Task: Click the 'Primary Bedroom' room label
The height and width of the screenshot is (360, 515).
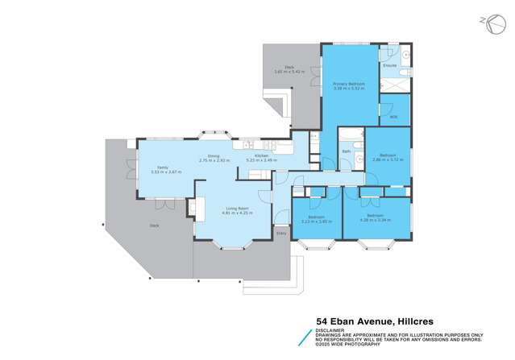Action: pyautogui.click(x=349, y=84)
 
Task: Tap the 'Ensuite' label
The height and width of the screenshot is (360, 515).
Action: pyautogui.click(x=389, y=64)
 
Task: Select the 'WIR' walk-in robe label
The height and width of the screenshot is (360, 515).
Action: pyautogui.click(x=393, y=117)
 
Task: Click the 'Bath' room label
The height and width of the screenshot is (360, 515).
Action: pyautogui.click(x=346, y=151)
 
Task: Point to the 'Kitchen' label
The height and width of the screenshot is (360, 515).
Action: pyautogui.click(x=262, y=155)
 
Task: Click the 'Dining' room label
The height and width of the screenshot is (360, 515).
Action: pyautogui.click(x=214, y=155)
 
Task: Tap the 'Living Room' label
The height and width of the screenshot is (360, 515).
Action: pyautogui.click(x=235, y=209)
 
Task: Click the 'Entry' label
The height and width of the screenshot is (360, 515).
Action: pyautogui.click(x=281, y=233)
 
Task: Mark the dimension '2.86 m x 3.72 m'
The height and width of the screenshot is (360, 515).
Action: pyautogui.click(x=388, y=159)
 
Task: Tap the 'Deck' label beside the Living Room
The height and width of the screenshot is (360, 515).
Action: pyautogui.click(x=155, y=226)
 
